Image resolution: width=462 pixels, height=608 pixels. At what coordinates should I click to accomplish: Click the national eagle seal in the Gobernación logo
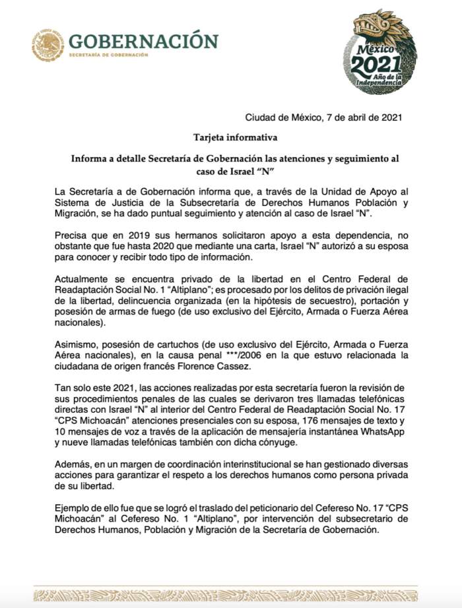(x=48, y=46)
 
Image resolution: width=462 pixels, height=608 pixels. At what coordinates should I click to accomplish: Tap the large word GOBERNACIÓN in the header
(x=143, y=41)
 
